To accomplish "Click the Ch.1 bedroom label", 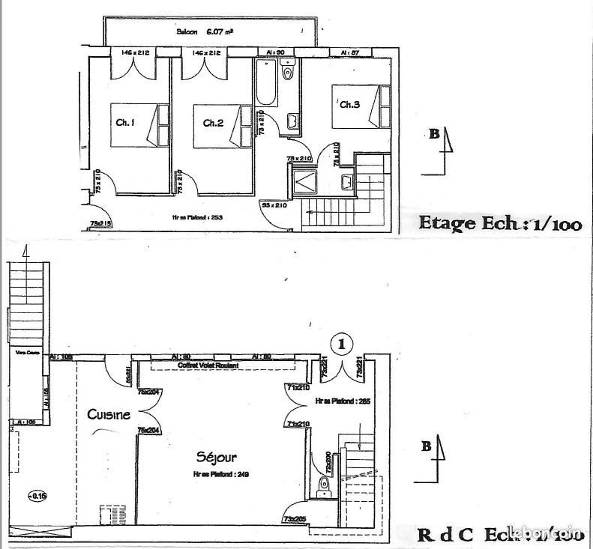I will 124,123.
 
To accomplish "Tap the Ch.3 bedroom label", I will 349,105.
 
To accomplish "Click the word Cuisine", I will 109,414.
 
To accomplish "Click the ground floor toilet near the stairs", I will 325,485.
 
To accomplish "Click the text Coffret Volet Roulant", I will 208,365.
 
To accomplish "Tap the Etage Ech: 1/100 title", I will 498,225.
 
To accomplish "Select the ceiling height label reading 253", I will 198,218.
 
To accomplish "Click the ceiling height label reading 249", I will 212,474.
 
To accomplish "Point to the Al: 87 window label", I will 349,53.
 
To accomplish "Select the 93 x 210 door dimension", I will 275,204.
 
